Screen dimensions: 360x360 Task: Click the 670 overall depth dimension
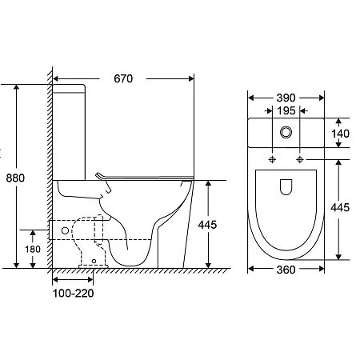(x=123, y=78)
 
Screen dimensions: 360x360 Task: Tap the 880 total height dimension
(x=15, y=178)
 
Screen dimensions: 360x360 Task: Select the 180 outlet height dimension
(x=33, y=249)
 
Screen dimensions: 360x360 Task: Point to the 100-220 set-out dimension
(x=74, y=294)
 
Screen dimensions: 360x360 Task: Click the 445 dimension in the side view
(x=207, y=225)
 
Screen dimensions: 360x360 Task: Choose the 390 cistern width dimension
(x=286, y=98)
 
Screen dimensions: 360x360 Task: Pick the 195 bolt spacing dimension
(x=286, y=110)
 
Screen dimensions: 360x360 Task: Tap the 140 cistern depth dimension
(x=341, y=134)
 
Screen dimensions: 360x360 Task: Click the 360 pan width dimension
(x=286, y=270)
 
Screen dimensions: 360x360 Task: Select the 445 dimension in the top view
(x=340, y=207)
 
